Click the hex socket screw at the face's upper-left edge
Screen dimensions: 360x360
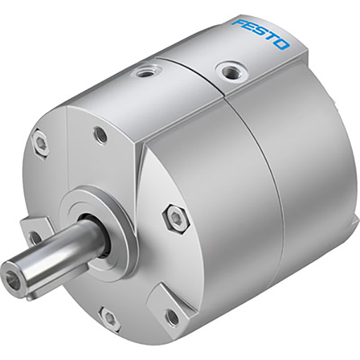click(41, 143)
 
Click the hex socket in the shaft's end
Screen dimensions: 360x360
click(14, 271)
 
